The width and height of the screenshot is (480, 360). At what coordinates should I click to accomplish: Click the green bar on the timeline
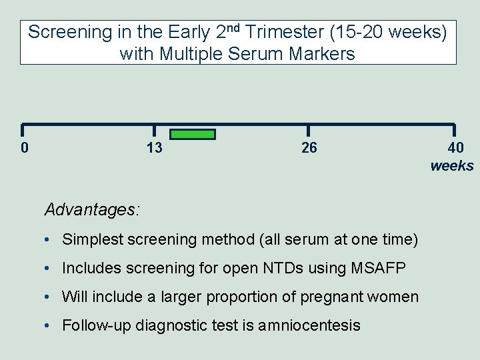pos(193,134)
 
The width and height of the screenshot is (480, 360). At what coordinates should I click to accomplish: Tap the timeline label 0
pos(25,147)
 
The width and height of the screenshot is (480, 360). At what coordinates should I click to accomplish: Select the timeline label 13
pos(154,147)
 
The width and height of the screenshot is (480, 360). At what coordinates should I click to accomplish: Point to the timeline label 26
pos(309,147)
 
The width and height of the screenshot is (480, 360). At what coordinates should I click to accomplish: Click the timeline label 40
pos(456,147)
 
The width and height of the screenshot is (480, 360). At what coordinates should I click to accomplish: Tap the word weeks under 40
pos(452,166)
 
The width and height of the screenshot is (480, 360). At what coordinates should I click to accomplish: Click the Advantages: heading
pos(92,209)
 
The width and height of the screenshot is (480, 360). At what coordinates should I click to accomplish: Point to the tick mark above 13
pos(154,131)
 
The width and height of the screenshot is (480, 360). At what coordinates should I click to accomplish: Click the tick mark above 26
pos(308,131)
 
